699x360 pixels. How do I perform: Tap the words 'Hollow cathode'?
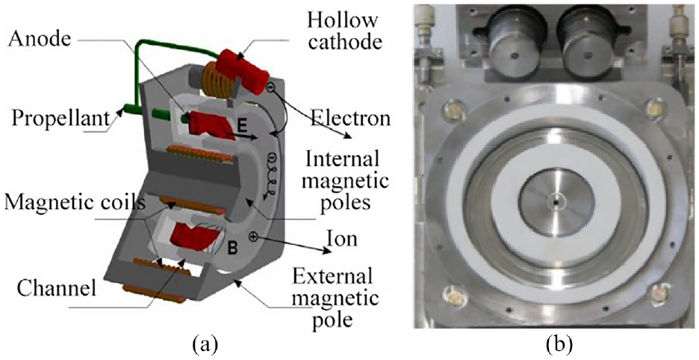point(349,31)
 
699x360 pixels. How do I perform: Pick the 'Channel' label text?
point(57,288)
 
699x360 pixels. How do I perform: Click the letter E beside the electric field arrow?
point(242,126)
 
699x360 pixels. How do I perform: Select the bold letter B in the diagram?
point(232,247)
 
